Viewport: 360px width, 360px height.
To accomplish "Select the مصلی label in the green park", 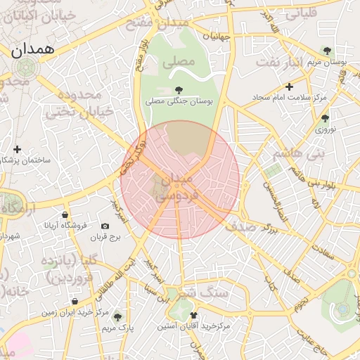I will tap(178, 62).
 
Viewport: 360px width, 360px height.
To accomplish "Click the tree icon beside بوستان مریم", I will tap(327, 50).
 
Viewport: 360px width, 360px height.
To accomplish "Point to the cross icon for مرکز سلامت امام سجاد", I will tap(288, 86).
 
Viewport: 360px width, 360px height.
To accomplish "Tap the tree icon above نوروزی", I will tap(324, 118).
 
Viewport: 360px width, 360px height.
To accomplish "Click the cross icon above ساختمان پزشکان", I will tap(17, 149).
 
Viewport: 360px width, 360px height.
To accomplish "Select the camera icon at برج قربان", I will tap(105, 226).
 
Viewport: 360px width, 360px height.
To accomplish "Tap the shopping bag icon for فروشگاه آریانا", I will tap(65, 214).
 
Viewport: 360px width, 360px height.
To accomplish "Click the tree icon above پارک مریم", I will tap(117, 317).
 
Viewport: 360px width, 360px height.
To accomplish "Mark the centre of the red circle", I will tap(180, 180).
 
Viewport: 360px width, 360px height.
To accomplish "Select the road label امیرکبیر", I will tap(120, 211).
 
